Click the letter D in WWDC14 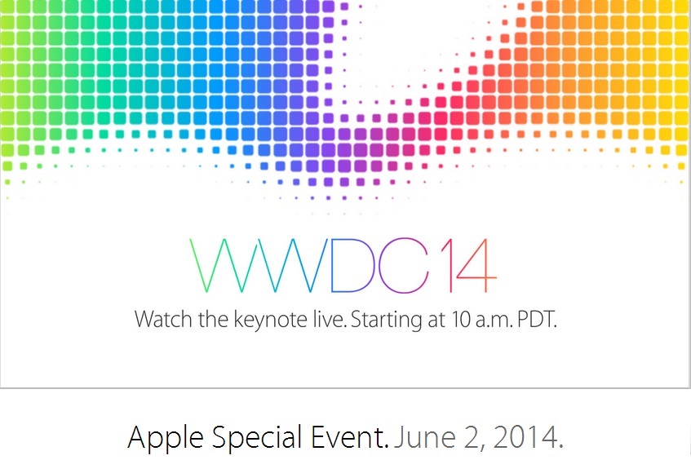pos(332,265)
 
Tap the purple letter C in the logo pos(380,265)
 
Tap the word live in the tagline pos(330,319)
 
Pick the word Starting pos(386,321)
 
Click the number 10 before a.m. pos(461,319)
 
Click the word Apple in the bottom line pos(166,438)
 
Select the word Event pos(350,437)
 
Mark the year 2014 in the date pos(528,437)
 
